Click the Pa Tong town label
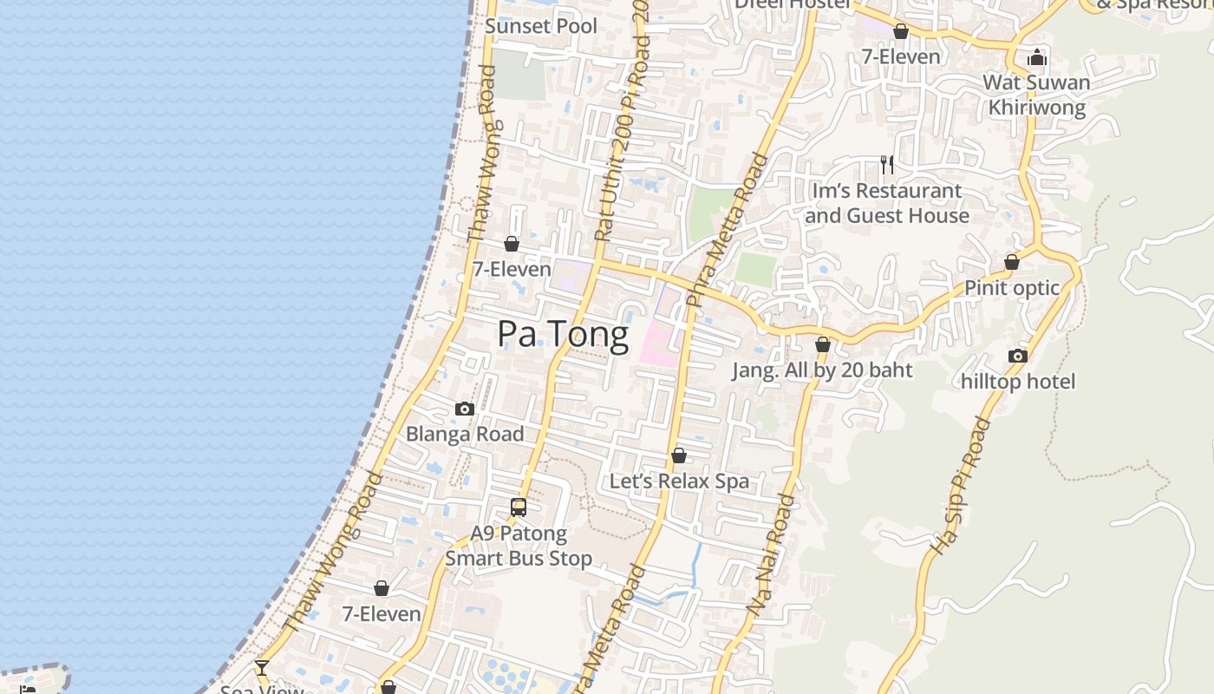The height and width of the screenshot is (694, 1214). [563, 335]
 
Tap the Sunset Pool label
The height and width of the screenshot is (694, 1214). [541, 26]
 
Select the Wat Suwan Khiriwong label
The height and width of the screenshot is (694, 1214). [1036, 95]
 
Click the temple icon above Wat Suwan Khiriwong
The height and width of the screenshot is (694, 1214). [1036, 58]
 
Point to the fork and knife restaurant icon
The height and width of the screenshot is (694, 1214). [886, 164]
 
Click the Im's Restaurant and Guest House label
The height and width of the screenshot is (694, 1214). [886, 203]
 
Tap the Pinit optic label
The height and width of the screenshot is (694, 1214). [1012, 288]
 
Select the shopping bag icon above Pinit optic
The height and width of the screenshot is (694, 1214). [1011, 262]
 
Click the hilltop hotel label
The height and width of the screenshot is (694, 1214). [1017, 382]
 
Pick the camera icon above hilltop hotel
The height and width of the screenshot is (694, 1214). [1017, 356]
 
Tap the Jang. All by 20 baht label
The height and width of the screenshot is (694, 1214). [822, 370]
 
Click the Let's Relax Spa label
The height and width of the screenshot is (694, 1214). [679, 481]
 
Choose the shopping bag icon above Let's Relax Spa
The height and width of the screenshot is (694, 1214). [679, 455]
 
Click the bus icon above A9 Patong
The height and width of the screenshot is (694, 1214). [519, 507]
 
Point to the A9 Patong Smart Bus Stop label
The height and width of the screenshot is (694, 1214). [519, 546]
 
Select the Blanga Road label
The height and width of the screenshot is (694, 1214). [465, 434]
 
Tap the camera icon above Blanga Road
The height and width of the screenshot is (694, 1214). [465, 409]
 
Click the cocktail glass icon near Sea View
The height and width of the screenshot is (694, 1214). [261, 667]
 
